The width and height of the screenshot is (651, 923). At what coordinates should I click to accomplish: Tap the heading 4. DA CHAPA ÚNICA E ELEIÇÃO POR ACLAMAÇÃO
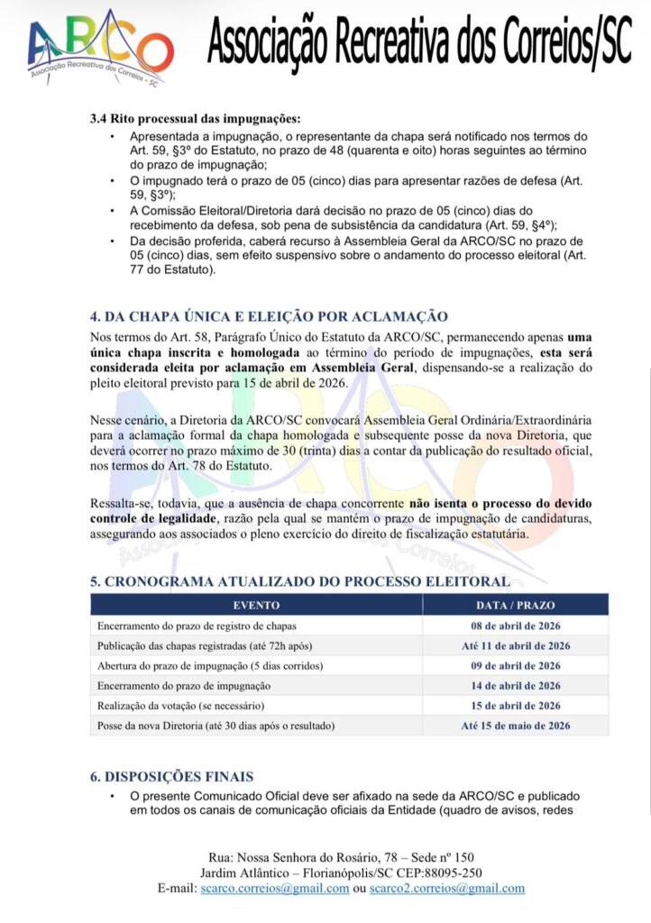point(269,316)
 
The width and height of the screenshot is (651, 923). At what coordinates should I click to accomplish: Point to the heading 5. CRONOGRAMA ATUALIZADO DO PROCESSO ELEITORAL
point(300,581)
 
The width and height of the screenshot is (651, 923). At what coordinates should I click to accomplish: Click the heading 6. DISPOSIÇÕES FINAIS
point(171,776)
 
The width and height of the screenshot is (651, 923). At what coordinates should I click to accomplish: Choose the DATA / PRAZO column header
point(515,605)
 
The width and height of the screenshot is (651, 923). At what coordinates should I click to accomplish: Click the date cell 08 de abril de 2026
point(515,626)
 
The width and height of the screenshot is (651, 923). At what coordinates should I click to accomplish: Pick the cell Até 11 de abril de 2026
point(515,645)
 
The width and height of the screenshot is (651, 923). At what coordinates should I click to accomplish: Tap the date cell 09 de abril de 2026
point(515,665)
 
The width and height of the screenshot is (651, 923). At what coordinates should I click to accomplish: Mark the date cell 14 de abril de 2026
point(515,685)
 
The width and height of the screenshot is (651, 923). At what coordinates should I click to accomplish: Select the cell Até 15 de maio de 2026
point(515,725)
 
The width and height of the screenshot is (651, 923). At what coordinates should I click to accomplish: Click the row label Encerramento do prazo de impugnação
point(185,685)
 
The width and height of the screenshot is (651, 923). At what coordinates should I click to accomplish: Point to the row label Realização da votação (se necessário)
point(181,705)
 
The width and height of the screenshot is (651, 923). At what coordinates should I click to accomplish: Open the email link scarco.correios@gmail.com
point(275,888)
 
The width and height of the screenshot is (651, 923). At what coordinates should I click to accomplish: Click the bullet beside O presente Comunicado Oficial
point(112,797)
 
